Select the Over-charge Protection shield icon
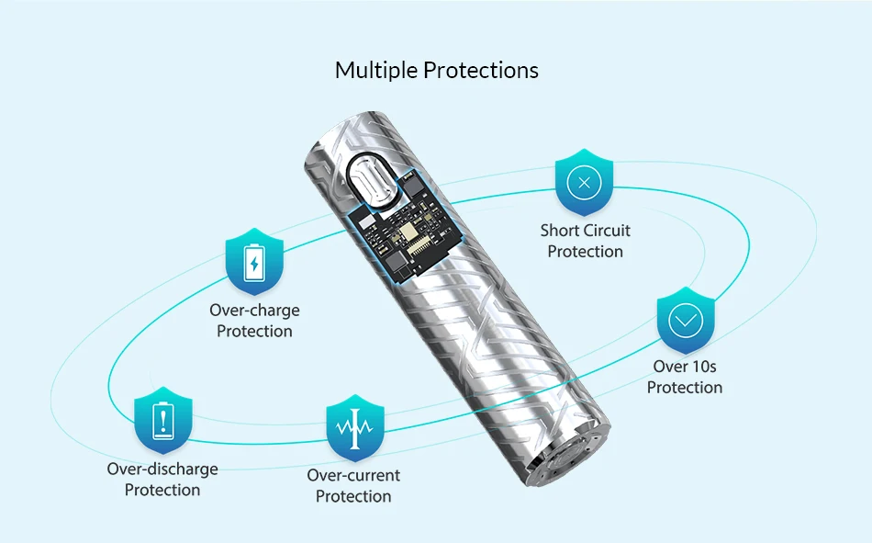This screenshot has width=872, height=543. point(254,262)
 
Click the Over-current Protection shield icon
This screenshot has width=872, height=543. point(355,428)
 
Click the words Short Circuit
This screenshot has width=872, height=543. point(585,231)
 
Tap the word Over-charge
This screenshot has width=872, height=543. point(254,311)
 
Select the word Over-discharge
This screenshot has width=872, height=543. point(162,469)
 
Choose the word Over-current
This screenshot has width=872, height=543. point(353,476)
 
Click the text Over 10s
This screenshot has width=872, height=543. point(685,367)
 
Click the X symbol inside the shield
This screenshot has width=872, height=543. point(585,182)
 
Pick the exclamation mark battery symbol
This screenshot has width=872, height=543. point(162,423)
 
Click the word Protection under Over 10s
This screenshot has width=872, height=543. point(685,388)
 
